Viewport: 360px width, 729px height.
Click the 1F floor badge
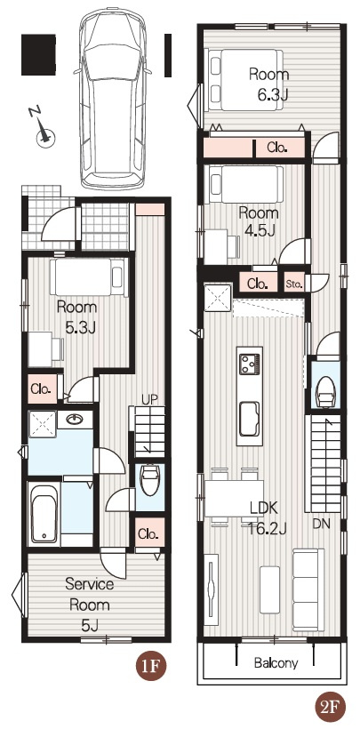[x=151, y=667]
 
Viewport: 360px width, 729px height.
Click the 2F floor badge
[x=330, y=707]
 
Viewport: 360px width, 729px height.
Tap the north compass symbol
[x=44, y=129]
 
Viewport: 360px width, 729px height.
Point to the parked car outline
[x=113, y=98]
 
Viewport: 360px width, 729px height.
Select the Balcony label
[x=276, y=662]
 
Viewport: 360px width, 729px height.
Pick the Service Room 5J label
[x=90, y=605]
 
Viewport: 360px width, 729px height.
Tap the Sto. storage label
[x=294, y=283]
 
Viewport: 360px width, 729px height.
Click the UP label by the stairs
[x=149, y=399]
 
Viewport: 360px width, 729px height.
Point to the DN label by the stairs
[x=321, y=524]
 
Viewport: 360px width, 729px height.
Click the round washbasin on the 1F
[x=74, y=420]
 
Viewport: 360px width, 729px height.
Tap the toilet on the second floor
[x=325, y=391]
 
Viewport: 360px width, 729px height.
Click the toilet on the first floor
[x=149, y=480]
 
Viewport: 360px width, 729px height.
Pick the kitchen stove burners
[x=249, y=364]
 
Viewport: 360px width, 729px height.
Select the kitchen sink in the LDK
[x=249, y=420]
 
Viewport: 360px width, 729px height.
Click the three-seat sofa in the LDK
[x=308, y=589]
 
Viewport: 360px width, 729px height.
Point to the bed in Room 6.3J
[x=245, y=79]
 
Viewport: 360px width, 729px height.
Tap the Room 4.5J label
[x=259, y=221]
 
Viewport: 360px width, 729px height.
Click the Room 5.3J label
[x=76, y=317]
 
